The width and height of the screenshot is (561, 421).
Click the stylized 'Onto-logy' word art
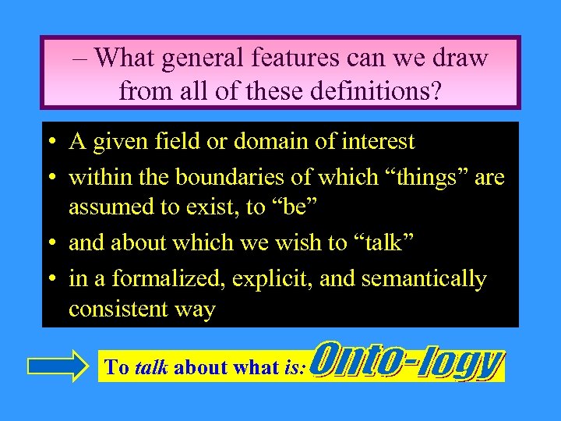[407, 363]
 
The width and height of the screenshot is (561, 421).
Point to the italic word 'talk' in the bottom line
[151, 368]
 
